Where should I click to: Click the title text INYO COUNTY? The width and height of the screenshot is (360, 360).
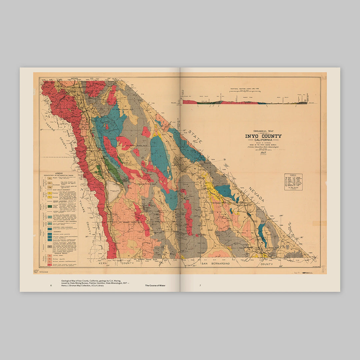pos(263,136)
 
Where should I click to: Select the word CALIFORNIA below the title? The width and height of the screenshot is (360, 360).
pos(263,140)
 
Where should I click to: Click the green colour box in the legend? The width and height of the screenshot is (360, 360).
pos(49,207)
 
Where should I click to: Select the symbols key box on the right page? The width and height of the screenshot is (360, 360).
pos(293,182)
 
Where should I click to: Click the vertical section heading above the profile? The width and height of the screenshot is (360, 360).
pos(245,90)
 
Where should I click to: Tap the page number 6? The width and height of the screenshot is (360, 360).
pos(51,285)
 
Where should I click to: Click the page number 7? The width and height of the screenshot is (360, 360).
pos(200,285)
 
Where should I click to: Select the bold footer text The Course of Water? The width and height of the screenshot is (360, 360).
pos(155,285)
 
